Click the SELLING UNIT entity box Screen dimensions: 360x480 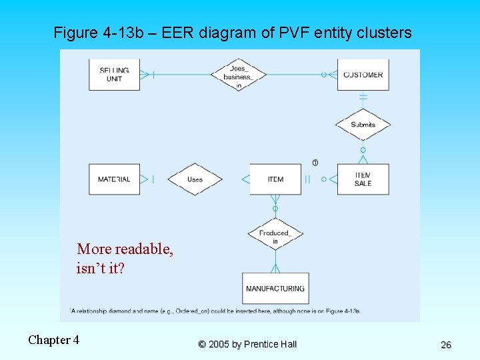click(x=114, y=75)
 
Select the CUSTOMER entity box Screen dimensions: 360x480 click(x=363, y=75)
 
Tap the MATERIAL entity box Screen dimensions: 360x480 click(x=114, y=179)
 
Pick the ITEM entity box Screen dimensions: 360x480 click(x=275, y=179)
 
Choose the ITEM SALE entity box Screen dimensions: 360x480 click(x=363, y=179)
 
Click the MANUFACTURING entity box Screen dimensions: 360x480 click(x=275, y=288)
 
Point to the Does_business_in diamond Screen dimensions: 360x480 click(x=238, y=75)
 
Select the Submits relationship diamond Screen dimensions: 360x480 click(x=363, y=124)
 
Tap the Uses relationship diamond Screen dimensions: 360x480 click(x=195, y=179)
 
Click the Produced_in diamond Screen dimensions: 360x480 click(x=275, y=235)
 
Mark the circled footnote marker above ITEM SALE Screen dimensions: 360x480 click(x=315, y=163)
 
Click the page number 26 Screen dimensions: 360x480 click(x=446, y=345)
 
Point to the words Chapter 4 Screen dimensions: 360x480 click(x=53, y=340)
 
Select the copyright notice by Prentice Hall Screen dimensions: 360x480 click(x=247, y=344)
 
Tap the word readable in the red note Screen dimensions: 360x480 click(x=144, y=249)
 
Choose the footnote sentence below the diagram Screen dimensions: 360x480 click(x=215, y=311)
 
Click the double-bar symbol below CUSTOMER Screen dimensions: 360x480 click(x=363, y=97)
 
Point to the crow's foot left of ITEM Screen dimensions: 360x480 click(x=245, y=179)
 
